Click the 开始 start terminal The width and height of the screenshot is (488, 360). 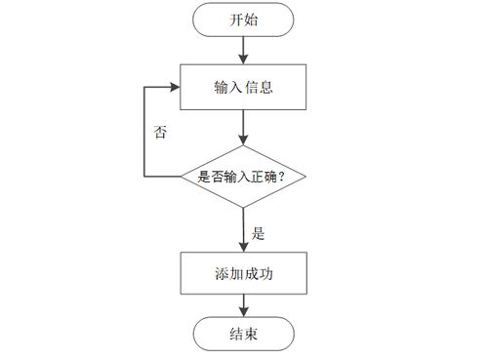click(244, 20)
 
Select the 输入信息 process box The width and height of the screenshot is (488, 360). click(244, 87)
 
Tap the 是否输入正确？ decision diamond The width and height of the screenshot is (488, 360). click(244, 176)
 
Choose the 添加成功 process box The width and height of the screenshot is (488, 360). click(244, 275)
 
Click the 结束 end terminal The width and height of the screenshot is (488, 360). click(244, 335)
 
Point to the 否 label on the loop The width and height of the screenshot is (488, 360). click(160, 133)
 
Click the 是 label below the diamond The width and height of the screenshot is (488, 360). click(259, 234)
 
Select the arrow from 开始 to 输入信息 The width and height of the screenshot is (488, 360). click(244, 49)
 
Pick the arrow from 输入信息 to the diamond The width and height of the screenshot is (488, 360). click(244, 126)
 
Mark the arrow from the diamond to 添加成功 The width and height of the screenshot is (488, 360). click(244, 228)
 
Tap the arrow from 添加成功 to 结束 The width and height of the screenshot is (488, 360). click(244, 306)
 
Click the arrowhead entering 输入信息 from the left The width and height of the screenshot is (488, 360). click(176, 87)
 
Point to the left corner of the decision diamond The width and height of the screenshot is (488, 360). click(183, 176)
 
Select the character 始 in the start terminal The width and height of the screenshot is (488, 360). click(253, 20)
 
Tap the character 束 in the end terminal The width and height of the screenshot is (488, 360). click(253, 335)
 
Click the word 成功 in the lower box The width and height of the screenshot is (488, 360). click(259, 275)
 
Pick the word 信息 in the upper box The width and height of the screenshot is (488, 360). click(259, 87)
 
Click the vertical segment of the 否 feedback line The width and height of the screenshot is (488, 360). click(145, 132)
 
